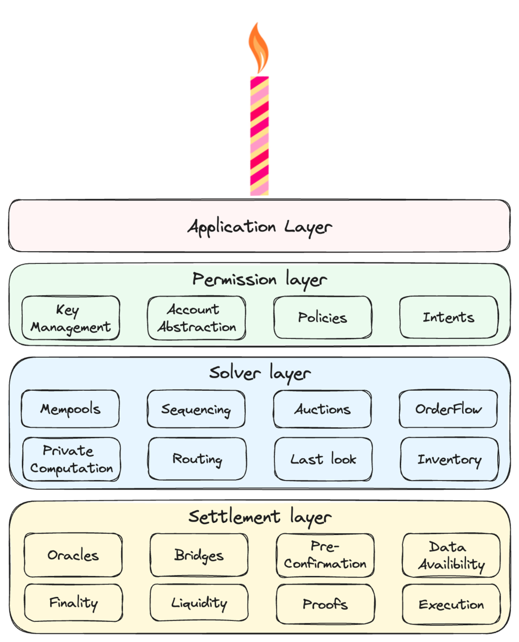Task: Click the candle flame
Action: pos(259,49)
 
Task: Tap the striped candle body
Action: pos(259,134)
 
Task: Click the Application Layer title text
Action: pos(259,226)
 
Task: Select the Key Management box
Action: pos(70,318)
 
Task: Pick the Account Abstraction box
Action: pos(197,318)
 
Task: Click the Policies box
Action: pos(322,318)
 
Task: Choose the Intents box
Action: pos(449,318)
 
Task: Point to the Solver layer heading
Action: pos(259,374)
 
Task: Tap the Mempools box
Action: pos(70,409)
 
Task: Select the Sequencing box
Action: pos(196,409)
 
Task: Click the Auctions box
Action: pos(322,409)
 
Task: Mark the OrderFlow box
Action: pos(448,409)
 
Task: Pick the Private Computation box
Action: pos(71,459)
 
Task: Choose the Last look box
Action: pos(323,459)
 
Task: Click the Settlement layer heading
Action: pos(259,517)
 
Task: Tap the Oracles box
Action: pos(73,555)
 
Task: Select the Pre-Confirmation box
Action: pos(325,555)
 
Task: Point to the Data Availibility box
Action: pos(451,555)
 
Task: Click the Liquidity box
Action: pos(199,603)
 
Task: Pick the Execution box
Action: pos(451,604)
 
